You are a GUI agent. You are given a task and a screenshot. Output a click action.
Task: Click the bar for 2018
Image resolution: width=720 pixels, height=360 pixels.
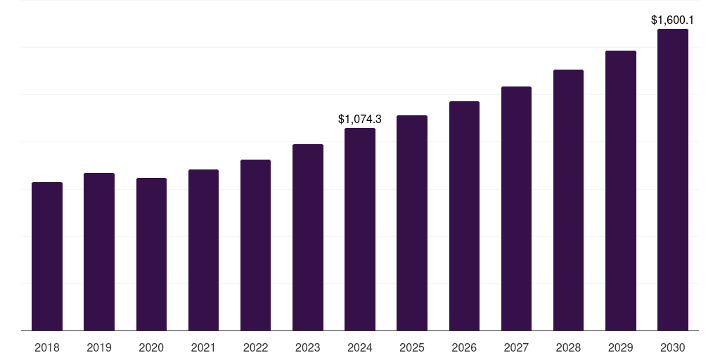point(47,256)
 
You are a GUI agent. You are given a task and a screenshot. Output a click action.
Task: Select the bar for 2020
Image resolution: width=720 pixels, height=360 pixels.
point(151,255)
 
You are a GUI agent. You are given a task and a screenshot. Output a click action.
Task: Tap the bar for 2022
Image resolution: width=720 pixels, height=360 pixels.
point(255,245)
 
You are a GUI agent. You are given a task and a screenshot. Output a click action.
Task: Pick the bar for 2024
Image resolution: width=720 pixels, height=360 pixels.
point(360,229)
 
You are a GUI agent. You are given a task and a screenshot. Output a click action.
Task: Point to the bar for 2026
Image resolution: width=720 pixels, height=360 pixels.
point(464,216)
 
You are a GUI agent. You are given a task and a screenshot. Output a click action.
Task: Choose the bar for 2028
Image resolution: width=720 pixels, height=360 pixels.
point(568,200)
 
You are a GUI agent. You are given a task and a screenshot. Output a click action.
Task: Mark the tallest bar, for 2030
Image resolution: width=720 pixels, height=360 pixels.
point(673,179)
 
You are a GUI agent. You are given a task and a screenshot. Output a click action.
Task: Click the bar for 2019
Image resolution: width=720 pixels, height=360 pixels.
point(99,252)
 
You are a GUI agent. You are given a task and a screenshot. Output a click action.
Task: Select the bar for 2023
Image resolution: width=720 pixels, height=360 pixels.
point(308,238)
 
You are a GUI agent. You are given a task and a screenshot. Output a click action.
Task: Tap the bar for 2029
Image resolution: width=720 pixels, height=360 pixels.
point(621,191)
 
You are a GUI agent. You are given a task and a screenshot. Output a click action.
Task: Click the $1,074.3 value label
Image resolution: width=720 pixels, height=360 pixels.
point(360,120)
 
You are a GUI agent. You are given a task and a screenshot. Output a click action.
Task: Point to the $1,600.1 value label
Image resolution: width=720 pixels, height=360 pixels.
point(673,20)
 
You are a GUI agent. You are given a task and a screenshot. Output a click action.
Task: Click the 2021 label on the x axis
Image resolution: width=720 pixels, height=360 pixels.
point(203,348)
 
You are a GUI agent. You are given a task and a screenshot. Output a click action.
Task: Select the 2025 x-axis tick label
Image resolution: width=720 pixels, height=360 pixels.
point(412,348)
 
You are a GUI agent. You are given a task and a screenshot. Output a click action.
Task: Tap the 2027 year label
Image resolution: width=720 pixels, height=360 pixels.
point(516,348)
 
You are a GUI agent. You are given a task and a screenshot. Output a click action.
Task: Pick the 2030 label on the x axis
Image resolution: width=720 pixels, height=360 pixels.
point(673,348)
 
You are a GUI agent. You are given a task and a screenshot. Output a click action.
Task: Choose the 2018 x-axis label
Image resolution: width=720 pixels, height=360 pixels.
point(47,348)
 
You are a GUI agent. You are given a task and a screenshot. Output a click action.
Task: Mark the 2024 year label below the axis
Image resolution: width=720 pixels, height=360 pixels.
point(360,348)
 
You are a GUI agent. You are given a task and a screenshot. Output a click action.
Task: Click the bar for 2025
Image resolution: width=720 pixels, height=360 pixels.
point(412,223)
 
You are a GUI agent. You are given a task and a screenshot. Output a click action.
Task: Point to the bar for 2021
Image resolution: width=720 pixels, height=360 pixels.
point(203,250)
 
